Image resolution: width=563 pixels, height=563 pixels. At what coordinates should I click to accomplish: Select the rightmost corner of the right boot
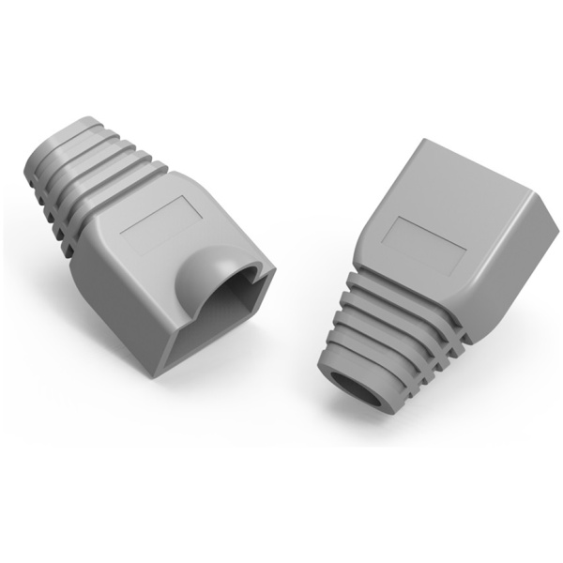pos(555,222)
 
